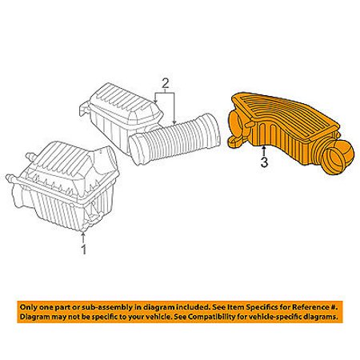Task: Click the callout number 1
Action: pyautogui.click(x=84, y=250)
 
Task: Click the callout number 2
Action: pyautogui.click(x=166, y=84)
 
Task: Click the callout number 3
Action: pyautogui.click(x=264, y=162)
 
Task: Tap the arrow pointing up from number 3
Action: pyautogui.click(x=264, y=150)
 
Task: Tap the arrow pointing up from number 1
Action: pyautogui.click(x=83, y=238)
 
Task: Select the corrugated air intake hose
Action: pyautogui.click(x=174, y=139)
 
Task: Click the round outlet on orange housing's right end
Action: pyautogui.click(x=338, y=157)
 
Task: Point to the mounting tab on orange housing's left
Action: pyautogui.click(x=236, y=141)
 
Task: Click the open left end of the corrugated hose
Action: pyautogui.click(x=137, y=149)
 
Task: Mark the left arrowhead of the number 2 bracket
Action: pyautogui.click(x=156, y=102)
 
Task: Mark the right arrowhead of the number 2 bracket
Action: pyautogui.click(x=174, y=122)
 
